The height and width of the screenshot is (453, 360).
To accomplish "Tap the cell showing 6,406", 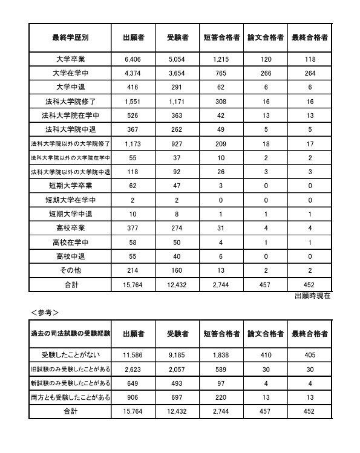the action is pos(133,59).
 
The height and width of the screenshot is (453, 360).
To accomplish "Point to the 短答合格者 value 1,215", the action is pos(221,59).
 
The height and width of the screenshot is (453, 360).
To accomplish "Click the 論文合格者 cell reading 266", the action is pos(266,73).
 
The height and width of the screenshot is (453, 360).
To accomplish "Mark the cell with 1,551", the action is pos(133,102).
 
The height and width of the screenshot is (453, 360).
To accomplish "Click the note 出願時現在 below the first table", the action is pos(312,296).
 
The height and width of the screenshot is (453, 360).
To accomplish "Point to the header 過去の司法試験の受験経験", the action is pos(70,333).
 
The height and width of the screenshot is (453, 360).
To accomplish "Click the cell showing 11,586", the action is pos(133,354).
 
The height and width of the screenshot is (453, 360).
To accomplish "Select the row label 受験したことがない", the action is pos(70,354).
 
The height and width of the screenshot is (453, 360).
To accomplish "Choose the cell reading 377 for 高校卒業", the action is pos(133,228).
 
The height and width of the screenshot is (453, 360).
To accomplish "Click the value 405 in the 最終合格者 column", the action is pos(310,354).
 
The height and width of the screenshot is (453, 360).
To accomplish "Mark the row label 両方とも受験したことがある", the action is pos(70,396).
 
